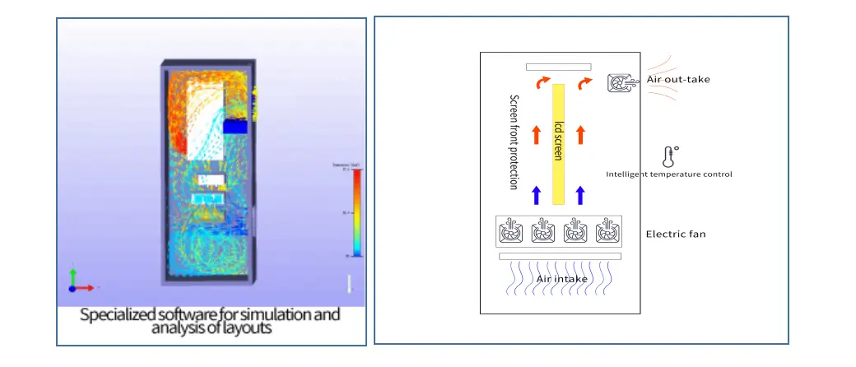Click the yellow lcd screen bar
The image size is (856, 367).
(558, 143)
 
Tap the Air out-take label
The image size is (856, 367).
(677, 79)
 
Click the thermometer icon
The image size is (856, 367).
(670, 156)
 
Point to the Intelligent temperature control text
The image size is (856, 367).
(668, 174)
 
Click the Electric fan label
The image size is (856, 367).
(675, 235)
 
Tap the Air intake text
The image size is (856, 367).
(561, 279)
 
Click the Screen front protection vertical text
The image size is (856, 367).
(514, 142)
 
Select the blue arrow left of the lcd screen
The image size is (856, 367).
(536, 194)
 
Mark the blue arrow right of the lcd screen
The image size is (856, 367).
(580, 194)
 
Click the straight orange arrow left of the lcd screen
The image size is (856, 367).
(536, 134)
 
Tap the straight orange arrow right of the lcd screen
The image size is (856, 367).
(580, 134)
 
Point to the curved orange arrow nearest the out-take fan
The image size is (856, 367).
(585, 83)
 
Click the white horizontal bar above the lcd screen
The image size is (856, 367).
(558, 67)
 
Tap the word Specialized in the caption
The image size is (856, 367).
(115, 315)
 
